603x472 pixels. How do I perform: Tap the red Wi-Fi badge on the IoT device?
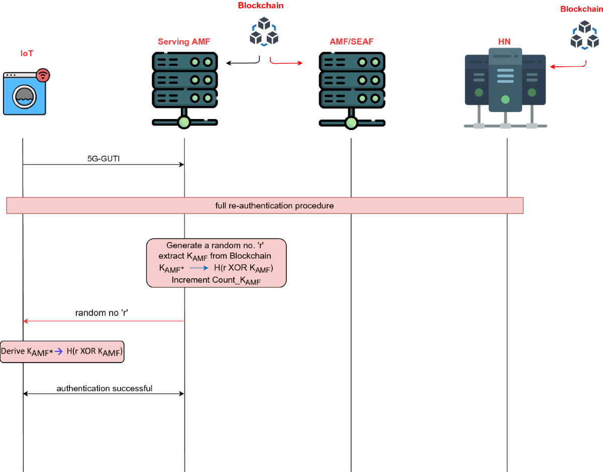point(43,75)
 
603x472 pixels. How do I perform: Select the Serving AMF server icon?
point(184,88)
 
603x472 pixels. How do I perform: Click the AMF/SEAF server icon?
point(351,88)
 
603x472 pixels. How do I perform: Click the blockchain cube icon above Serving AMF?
point(264,32)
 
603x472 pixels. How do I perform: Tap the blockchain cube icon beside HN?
point(584,35)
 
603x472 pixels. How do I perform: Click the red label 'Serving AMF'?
point(184,42)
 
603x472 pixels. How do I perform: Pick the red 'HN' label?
point(504,42)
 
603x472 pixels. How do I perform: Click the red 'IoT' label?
point(27,53)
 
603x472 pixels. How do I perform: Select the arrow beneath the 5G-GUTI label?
point(104,164)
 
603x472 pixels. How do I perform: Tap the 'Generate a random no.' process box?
point(216,263)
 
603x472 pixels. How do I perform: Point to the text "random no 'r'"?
point(102,313)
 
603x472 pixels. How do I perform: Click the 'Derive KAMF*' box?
point(62,351)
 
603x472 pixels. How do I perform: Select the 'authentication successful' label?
point(105,388)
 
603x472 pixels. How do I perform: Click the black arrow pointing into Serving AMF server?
point(242,63)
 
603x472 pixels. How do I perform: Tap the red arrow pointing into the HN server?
point(568,66)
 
